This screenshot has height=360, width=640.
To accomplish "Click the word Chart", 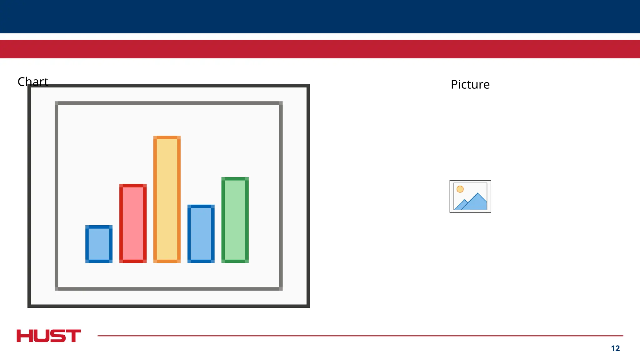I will (33, 82).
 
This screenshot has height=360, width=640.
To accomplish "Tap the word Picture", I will (470, 85).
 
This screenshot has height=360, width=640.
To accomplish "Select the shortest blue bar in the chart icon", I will (99, 244).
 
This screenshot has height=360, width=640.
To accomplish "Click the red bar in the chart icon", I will (133, 223).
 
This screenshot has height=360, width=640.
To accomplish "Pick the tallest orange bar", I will (167, 199).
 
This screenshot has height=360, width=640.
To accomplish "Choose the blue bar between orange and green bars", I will (201, 234).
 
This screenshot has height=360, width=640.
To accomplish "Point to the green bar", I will (235, 220).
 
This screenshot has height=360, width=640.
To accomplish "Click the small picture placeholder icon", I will (470, 197).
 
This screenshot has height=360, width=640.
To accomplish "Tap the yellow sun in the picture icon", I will (460, 189).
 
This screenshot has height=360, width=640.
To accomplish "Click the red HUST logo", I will (49, 336).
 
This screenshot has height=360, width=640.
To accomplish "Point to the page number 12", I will (615, 348).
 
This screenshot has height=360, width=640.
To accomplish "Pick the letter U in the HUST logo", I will (41, 336).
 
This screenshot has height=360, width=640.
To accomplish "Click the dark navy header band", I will (320, 16).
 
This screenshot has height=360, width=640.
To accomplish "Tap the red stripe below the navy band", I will (320, 49).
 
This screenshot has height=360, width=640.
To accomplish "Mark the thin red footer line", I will (359, 336).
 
